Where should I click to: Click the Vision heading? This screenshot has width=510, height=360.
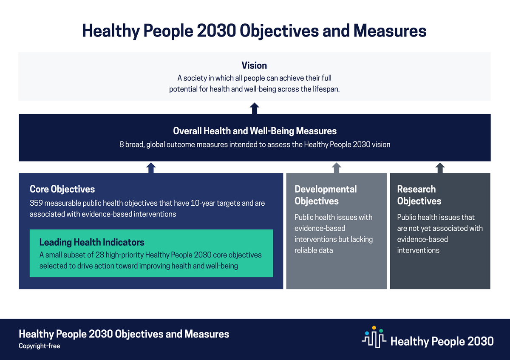coord(254,65)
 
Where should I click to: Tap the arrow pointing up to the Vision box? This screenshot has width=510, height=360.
coord(254,108)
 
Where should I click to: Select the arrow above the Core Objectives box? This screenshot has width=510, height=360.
coord(151,168)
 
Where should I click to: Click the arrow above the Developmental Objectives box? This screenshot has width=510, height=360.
coord(336,168)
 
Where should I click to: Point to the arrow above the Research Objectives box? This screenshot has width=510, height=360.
coord(440,168)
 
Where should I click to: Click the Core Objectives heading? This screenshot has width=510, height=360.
coord(62,189)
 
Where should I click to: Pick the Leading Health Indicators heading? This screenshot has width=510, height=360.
coord(92,242)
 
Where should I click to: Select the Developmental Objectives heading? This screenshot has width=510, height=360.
coord(326,195)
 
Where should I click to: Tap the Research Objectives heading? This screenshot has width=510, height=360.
coord(419,195)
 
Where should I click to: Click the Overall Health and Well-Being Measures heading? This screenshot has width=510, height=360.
coord(255,131)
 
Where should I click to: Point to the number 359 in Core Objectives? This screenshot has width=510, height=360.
coord(36,203)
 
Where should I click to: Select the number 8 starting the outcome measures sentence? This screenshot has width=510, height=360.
coord(122,145)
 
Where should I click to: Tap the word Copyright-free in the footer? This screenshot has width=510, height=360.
coord(40,346)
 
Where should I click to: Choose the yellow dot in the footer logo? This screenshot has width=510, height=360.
coord(374,328)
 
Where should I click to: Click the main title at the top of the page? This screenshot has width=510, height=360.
coord(254,31)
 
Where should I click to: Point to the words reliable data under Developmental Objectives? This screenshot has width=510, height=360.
coord(314,250)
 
